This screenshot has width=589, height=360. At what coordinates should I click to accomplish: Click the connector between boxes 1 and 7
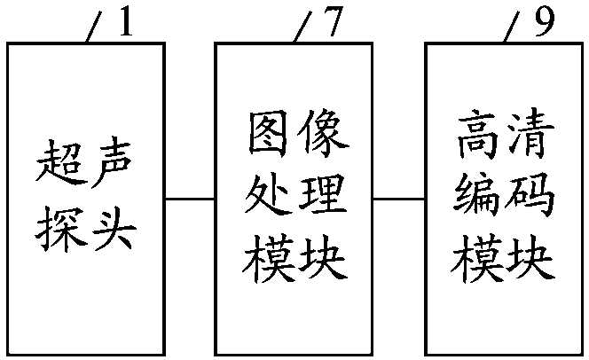(190, 199)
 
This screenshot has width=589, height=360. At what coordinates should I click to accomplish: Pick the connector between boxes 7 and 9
(399, 199)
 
